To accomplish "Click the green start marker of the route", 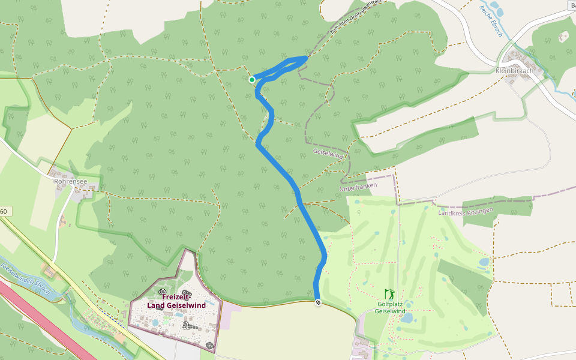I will pyautogui.click(x=252, y=79).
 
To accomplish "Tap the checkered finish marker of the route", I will pyautogui.click(x=318, y=302).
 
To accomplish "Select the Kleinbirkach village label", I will pyautogui.click(x=515, y=71).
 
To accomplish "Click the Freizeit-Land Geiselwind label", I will pyautogui.click(x=176, y=301).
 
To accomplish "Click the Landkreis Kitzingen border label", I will pyautogui.click(x=466, y=212).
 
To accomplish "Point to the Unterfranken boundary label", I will pyautogui.click(x=357, y=188).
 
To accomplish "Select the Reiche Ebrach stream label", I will pyautogui.click(x=490, y=21).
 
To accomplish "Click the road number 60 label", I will pyautogui.click(x=4, y=211).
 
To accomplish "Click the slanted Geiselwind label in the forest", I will pyautogui.click(x=328, y=155).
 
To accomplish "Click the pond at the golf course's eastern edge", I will pyautogui.click(x=484, y=262).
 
